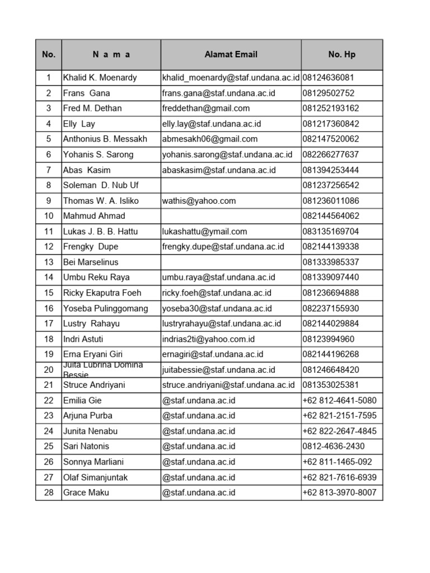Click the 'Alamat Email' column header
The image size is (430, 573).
pos(231,54)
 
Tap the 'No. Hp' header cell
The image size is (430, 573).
pos(342,54)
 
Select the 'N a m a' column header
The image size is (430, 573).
pos(111,54)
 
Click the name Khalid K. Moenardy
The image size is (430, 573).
pos(100,77)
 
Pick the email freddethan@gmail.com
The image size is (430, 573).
pos(206,108)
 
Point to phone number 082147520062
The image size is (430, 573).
pos(331,139)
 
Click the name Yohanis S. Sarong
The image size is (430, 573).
pos(98,154)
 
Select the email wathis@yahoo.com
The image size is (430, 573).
pos(199,200)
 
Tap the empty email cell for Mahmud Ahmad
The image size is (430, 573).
pos(231,216)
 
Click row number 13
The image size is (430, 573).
pos(49,262)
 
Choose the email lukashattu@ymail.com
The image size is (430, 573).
pos(204,231)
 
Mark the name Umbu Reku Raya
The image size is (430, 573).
pos(96,277)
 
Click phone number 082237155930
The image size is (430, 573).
pos(331,308)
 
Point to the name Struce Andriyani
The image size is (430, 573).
pos(94,385)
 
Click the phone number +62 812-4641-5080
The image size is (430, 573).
pos(339,400)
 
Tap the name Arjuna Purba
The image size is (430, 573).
pos(87,415)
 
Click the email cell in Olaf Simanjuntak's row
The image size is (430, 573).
pos(199,477)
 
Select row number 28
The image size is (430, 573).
pos(49,492)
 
